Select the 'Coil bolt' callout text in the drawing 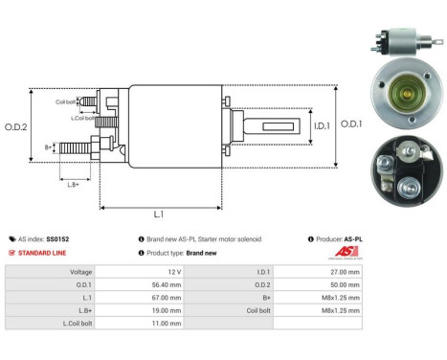66,101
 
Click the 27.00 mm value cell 346,272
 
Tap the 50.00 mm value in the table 346,284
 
